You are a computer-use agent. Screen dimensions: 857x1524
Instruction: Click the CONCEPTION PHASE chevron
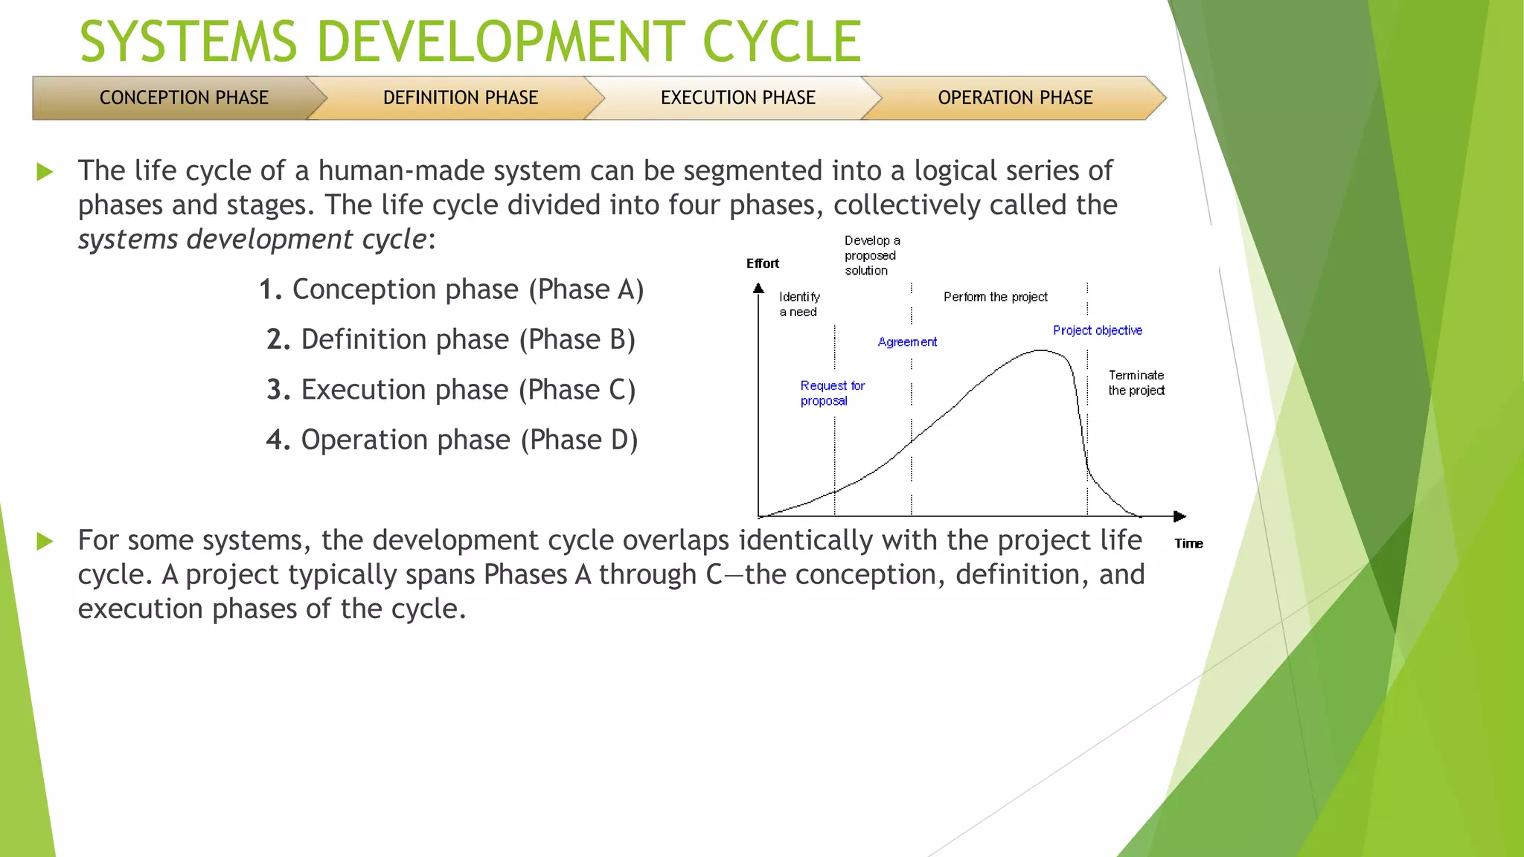183,97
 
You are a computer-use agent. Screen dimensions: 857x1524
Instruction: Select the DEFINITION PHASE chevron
460,97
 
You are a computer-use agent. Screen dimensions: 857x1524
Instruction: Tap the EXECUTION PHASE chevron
737,97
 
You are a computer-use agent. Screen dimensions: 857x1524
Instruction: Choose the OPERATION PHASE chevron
1015,97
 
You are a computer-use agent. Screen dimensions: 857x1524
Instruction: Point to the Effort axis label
762,263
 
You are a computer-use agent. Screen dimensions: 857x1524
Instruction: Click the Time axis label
1188,544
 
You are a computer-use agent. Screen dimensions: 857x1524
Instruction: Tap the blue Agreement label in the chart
907,342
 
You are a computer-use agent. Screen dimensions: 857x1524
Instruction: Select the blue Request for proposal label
831,393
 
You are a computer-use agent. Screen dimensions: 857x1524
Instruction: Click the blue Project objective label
1097,330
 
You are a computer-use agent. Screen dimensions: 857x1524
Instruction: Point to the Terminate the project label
1136,382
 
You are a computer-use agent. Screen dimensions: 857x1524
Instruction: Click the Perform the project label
995,297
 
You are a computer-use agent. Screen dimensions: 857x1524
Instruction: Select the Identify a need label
798,304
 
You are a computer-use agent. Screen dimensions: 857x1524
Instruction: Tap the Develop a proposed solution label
871,255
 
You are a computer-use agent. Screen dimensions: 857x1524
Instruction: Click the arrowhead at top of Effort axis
758,288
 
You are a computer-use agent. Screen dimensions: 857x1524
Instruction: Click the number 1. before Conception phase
270,289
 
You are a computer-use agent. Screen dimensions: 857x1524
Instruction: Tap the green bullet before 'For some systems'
45,541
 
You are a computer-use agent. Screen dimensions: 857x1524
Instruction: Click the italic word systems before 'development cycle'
128,240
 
